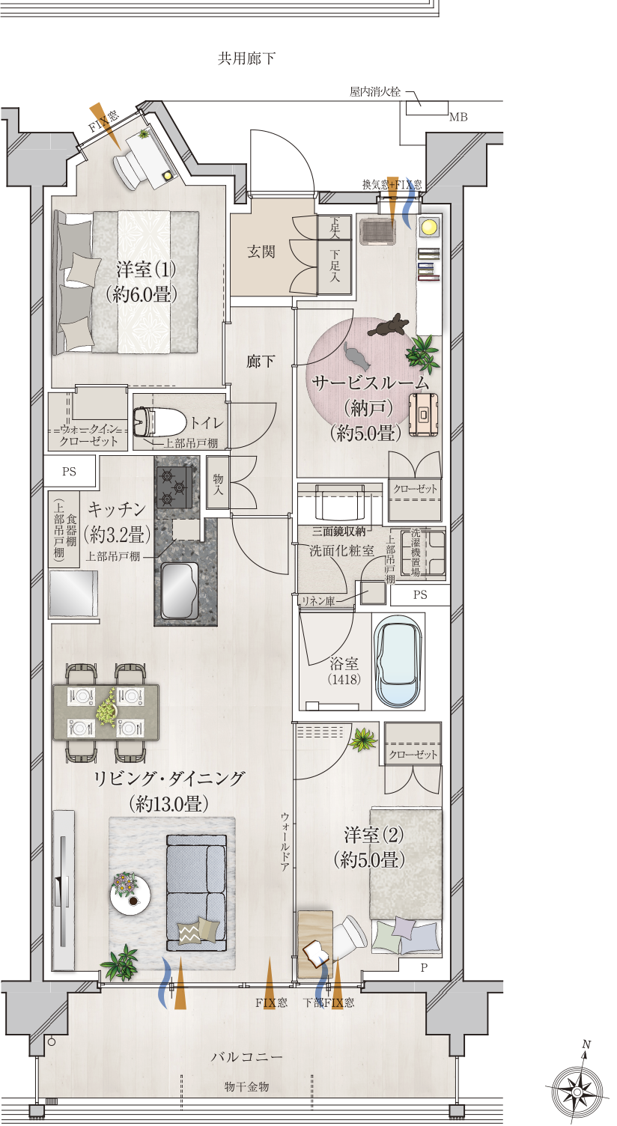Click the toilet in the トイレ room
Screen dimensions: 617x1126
point(160,422)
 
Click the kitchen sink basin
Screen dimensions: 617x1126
point(178,590)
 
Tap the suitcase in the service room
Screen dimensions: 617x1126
point(423,414)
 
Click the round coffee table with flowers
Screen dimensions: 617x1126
point(130,895)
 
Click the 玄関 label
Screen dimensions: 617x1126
point(261,252)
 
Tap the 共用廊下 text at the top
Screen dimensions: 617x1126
point(246,59)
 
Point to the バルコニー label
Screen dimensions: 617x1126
point(246,1057)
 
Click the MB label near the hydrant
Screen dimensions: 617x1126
point(458,117)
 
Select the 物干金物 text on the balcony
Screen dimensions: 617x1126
point(246,1087)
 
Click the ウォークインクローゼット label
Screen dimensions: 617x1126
point(88,435)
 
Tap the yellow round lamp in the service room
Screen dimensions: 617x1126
point(429,227)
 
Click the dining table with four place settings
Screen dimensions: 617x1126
point(106,712)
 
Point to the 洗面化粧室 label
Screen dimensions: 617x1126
point(342,550)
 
